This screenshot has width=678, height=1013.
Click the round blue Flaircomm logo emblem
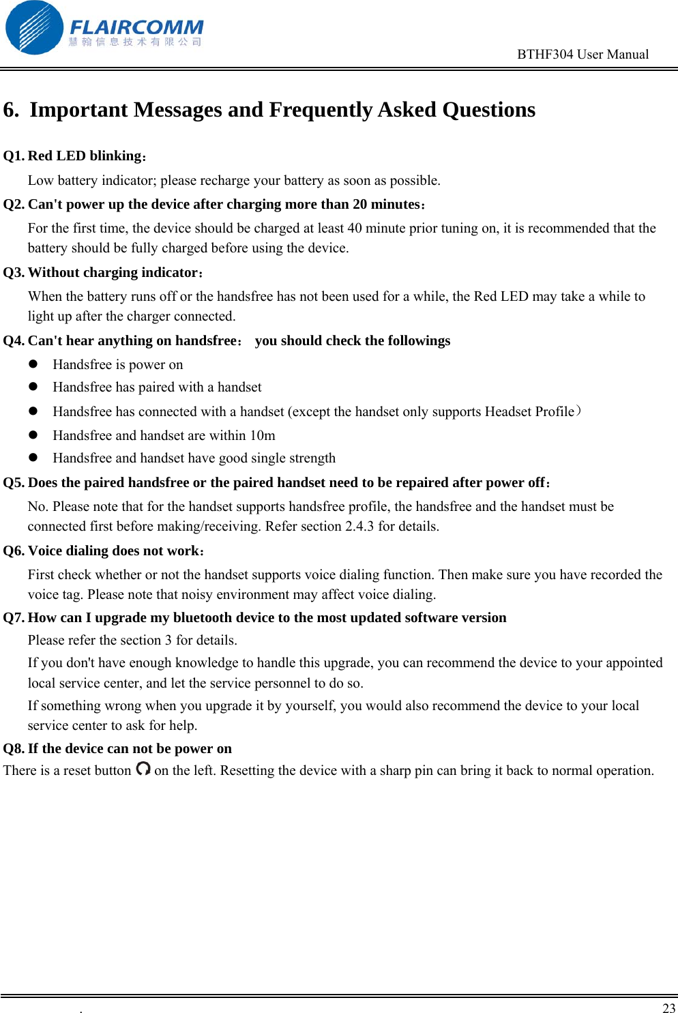pyautogui.click(x=34, y=28)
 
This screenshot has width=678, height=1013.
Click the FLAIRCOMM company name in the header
pyautogui.click(x=136, y=27)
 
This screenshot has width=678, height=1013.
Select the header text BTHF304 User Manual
pyautogui.click(x=583, y=55)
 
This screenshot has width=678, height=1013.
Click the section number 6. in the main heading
pyautogui.click(x=12, y=110)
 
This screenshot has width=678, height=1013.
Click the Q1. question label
pyautogui.click(x=14, y=156)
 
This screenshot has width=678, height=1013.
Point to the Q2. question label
pyautogui.click(x=14, y=205)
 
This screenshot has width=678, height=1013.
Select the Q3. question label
pyautogui.click(x=14, y=273)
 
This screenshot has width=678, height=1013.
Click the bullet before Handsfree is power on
pyautogui.click(x=33, y=364)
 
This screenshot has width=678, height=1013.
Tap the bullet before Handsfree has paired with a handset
pyautogui.click(x=33, y=386)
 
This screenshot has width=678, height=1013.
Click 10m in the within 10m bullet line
pyautogui.click(x=263, y=436)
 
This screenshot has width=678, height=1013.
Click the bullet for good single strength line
pyautogui.click(x=33, y=457)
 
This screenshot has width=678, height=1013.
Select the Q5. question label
pyautogui.click(x=14, y=483)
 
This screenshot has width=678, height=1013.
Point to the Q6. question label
pyautogui.click(x=14, y=551)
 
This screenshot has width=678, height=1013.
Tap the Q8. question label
pyautogui.click(x=14, y=749)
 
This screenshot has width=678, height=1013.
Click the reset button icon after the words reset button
pyautogui.click(x=143, y=769)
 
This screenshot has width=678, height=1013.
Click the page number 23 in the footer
pyautogui.click(x=668, y=1008)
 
